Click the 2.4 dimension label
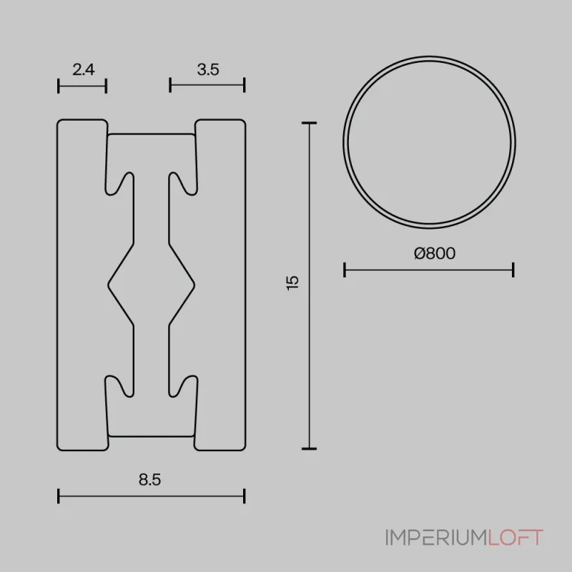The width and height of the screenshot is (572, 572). (83, 69)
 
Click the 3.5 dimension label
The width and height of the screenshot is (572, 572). (207, 69)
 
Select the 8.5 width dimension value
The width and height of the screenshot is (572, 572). (150, 480)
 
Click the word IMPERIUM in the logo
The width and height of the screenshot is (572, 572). (436, 537)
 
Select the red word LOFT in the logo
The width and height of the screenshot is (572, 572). (516, 537)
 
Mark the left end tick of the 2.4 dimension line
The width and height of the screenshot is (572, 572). (58, 85)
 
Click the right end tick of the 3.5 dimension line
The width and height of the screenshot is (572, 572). (245, 85)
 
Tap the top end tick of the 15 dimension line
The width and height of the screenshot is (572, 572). (309, 124)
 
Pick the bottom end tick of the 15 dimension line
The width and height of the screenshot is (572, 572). (309, 448)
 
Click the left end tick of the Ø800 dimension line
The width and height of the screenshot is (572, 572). (345, 270)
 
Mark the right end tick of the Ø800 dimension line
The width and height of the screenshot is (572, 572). (513, 270)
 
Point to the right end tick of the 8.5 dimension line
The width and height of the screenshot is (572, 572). (245, 495)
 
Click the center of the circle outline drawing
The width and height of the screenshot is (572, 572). (429, 141)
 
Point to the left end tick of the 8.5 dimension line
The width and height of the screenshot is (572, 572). (58, 495)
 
